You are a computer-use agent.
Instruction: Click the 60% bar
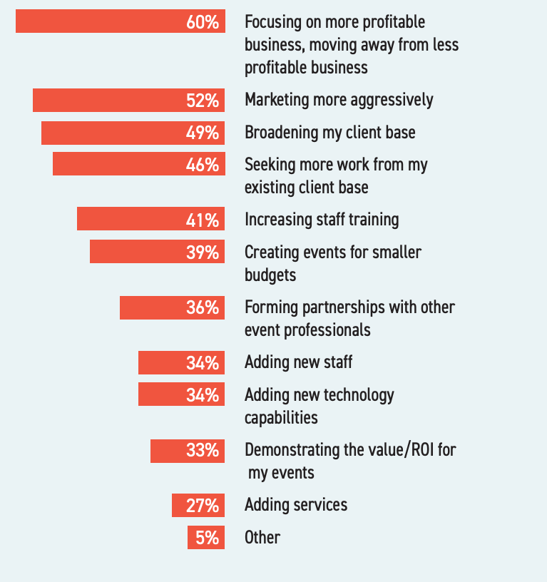[x=121, y=21]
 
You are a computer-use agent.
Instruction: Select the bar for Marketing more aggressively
[x=129, y=101]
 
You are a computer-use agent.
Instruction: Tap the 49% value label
[x=203, y=133]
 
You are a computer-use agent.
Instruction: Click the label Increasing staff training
[x=322, y=219]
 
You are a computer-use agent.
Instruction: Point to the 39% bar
[x=158, y=252]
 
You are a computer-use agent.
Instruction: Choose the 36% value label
[x=203, y=307]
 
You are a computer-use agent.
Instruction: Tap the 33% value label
[x=203, y=451]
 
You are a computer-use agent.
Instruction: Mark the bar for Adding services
[x=198, y=506]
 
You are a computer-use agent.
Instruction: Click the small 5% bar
[x=206, y=538]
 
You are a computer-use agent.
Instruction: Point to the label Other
[x=262, y=537]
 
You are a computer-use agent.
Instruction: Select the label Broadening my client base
[x=330, y=133]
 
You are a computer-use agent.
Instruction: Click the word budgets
[x=270, y=275]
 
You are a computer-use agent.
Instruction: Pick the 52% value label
[x=203, y=101]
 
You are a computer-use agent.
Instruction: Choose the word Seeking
[x=270, y=165]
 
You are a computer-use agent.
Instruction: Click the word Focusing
[x=275, y=22]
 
